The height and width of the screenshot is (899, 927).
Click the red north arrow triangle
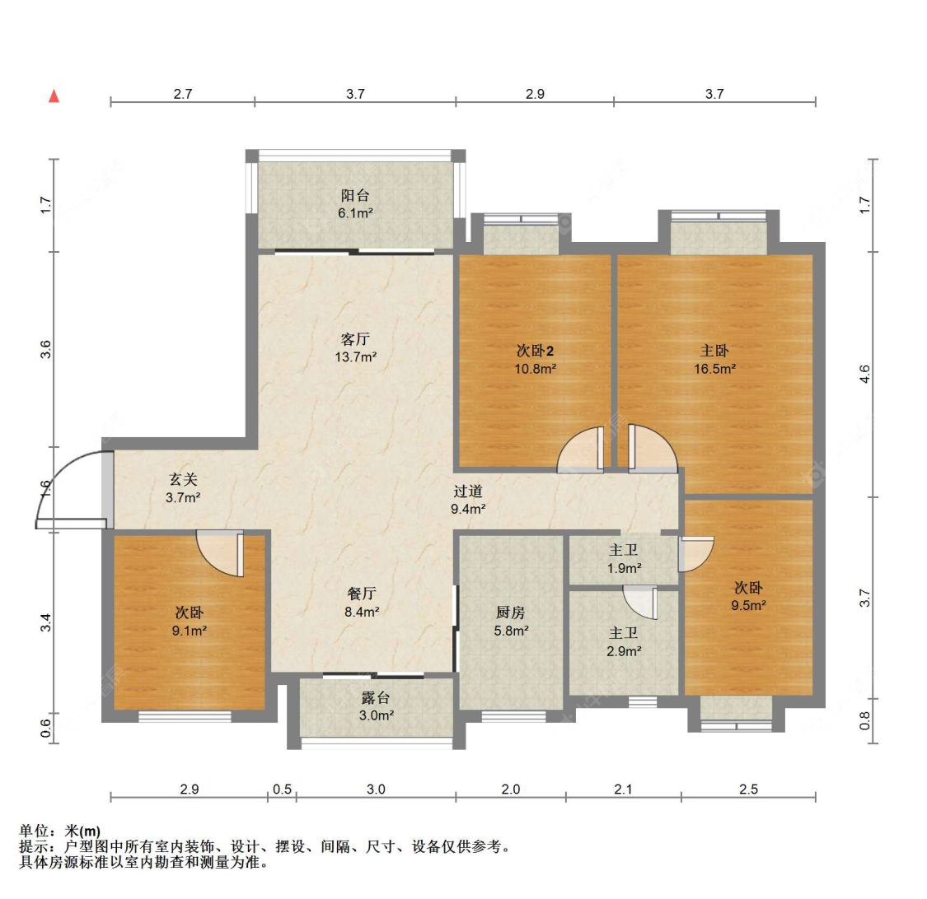click(54, 96)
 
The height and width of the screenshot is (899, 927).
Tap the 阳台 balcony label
click(355, 195)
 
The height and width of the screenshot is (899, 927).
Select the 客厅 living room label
click(355, 339)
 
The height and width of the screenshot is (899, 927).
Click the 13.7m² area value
click(355, 357)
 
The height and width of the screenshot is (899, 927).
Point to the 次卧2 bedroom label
click(535, 351)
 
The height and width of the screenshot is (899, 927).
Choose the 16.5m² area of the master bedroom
click(714, 369)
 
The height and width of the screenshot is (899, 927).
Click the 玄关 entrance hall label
click(183, 479)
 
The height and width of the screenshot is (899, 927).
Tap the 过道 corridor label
click(467, 491)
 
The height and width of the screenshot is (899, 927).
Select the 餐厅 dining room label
click(362, 594)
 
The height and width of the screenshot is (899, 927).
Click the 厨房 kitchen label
click(510, 613)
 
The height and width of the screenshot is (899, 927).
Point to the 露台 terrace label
click(376, 697)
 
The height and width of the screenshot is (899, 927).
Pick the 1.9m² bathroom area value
click(624, 568)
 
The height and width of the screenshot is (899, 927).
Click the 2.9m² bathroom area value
click(624, 651)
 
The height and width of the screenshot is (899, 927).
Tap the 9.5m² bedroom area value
click(748, 605)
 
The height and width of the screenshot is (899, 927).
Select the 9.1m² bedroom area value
click(189, 631)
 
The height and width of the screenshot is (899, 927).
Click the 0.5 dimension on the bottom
click(282, 789)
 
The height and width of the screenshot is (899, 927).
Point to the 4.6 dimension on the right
click(864, 375)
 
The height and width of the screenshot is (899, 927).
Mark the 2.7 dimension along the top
click(182, 94)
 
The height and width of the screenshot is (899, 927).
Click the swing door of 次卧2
click(582, 451)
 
